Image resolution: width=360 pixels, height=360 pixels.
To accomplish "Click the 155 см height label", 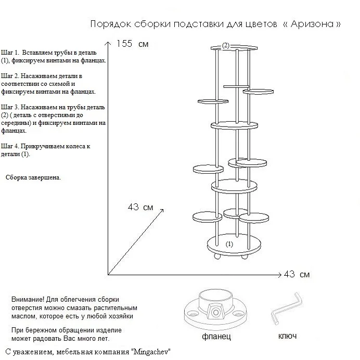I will pos(132,44).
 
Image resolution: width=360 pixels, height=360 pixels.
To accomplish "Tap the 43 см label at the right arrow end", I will pos(298,274).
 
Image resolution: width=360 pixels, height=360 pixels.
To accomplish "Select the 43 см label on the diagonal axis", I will pos(140,207).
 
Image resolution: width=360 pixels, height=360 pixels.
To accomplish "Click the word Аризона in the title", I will pos(316,24).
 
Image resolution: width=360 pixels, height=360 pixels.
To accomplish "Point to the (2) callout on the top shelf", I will pos(225,46).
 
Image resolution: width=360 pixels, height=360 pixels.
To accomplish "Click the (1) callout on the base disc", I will pos(229,243).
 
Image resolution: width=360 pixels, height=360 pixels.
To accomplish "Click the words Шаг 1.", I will pos(10,53).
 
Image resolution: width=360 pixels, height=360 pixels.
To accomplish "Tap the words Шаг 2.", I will pos(10,76).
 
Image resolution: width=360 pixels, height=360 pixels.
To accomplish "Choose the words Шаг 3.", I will pos(10,107).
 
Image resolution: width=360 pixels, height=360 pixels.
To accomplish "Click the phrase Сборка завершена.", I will pos(33,177).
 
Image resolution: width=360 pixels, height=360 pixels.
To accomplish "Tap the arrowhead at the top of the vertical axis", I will pos(109,42).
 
